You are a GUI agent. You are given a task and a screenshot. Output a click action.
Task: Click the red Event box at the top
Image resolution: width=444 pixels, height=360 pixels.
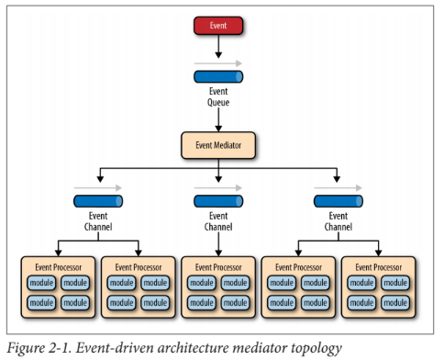[217, 26]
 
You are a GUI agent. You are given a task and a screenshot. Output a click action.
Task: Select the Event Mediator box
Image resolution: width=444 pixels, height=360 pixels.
[217, 144]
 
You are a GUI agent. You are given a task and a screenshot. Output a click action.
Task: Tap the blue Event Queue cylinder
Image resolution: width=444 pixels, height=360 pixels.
[217, 77]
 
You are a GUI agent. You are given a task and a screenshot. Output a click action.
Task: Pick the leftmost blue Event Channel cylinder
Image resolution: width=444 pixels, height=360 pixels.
[98, 200]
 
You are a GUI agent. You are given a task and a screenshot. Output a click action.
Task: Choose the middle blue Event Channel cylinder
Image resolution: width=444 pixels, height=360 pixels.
[217, 200]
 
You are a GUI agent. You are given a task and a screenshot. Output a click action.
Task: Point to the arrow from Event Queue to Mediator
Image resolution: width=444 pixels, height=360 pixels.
[217, 119]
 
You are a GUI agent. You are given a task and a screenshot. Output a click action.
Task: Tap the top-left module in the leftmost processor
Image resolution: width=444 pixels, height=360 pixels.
[40, 283]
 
